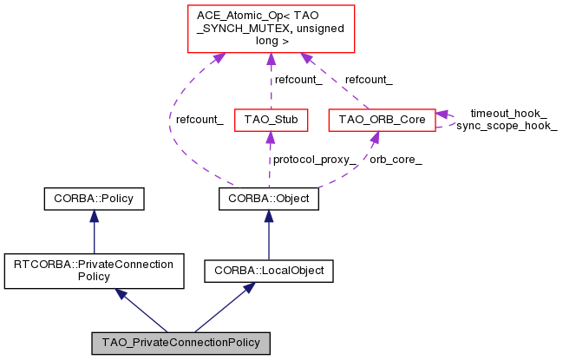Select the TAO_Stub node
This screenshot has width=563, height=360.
[x=271, y=120]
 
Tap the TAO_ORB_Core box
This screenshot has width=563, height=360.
[x=382, y=120]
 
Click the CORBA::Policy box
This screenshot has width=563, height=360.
[x=94, y=200]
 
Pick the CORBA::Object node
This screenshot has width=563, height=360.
[x=268, y=200]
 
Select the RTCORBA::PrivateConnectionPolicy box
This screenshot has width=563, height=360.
[x=94, y=270]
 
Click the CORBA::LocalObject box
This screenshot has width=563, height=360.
[x=268, y=271]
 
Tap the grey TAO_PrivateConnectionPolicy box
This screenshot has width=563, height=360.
[x=181, y=342]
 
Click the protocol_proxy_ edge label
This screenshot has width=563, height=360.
[x=314, y=160]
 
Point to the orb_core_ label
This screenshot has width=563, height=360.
[x=396, y=160]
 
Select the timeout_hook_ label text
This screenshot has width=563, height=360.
[x=508, y=113]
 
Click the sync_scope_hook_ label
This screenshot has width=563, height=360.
[x=507, y=126]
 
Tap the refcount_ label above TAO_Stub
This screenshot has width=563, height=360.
[x=298, y=80]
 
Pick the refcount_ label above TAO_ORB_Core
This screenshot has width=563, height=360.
[x=368, y=80]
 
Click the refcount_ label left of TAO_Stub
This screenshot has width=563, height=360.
[x=200, y=120]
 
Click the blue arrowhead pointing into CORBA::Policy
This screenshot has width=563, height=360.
[x=94, y=217]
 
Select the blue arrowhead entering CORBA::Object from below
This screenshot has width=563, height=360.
[x=268, y=217]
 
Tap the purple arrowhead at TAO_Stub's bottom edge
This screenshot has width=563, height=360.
[x=271, y=137]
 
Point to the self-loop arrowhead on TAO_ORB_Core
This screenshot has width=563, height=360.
[x=442, y=114]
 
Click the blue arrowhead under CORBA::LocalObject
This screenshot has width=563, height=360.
[x=248, y=287]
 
